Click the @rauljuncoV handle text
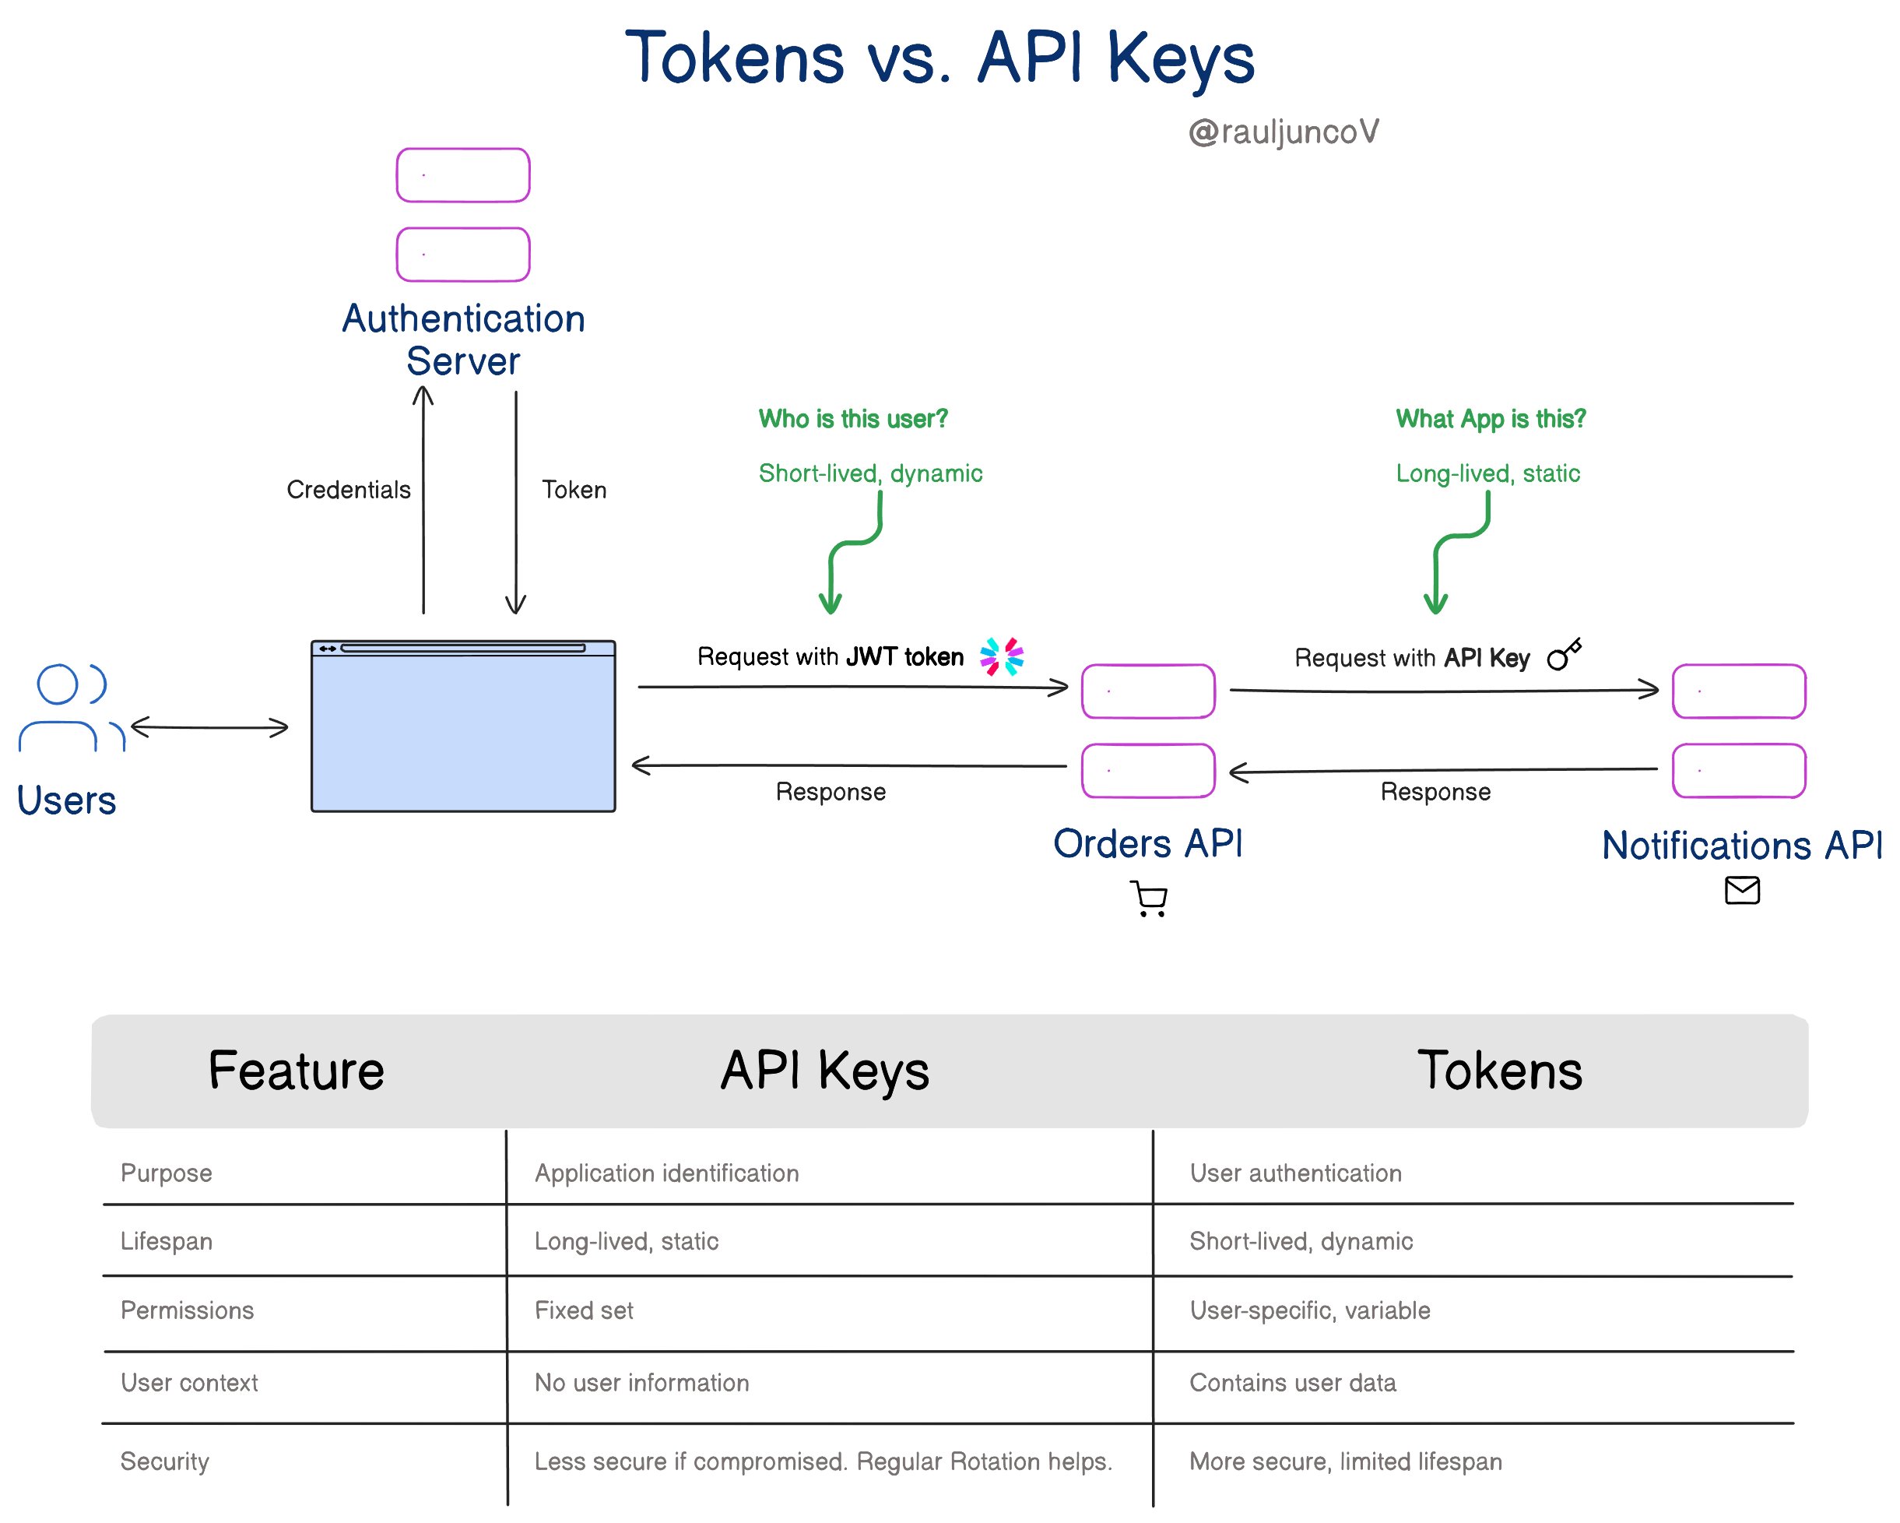point(1283,132)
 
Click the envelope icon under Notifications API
point(1742,891)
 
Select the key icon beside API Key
point(1565,655)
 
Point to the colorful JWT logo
point(1002,656)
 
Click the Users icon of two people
point(71,708)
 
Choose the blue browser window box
point(464,726)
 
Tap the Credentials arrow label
point(349,490)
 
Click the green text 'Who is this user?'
point(853,419)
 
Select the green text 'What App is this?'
point(1491,419)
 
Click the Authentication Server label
point(464,339)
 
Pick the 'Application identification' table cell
point(667,1173)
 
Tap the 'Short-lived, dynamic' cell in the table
point(1301,1241)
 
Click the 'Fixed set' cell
point(585,1310)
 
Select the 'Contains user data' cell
point(1293,1383)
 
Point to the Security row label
point(165,1461)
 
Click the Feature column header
point(296,1071)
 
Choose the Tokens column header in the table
point(1500,1071)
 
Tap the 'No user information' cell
point(641,1383)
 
